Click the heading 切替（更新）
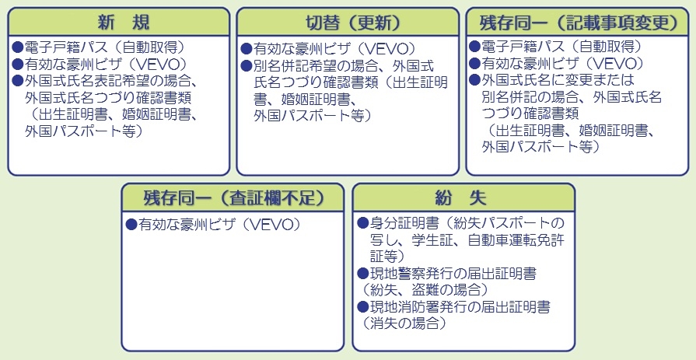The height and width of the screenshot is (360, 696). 348,23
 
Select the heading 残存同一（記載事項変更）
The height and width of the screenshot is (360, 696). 577,23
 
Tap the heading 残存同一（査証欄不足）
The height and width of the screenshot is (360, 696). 233,198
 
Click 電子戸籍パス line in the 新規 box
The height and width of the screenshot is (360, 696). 98,47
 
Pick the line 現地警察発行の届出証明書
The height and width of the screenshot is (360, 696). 446,274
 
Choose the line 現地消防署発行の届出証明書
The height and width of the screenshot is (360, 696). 453,306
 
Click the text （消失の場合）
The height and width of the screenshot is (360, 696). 404,323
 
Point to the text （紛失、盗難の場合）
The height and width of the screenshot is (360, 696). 425,290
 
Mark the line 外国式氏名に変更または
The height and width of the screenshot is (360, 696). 551,80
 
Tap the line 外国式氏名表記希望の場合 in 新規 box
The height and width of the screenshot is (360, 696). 104,81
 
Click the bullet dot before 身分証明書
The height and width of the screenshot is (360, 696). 362,222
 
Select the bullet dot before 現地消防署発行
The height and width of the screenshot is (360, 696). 362,306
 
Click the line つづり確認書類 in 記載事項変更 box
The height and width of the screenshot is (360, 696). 530,114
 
